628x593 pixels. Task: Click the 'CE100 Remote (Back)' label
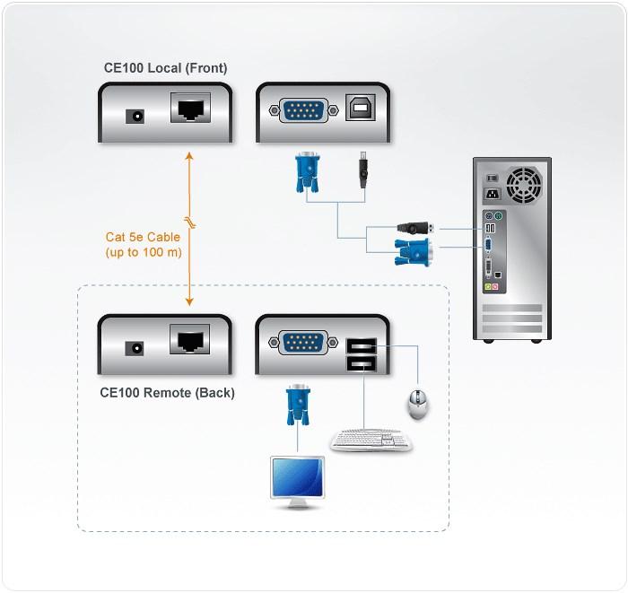pyautogui.click(x=167, y=392)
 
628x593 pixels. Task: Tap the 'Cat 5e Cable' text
pyautogui.click(x=143, y=238)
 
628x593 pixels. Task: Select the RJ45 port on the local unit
pyautogui.click(x=190, y=111)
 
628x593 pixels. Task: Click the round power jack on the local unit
pyautogui.click(x=137, y=116)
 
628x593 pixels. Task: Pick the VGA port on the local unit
pyautogui.click(x=306, y=110)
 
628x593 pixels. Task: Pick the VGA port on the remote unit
pyautogui.click(x=306, y=342)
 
